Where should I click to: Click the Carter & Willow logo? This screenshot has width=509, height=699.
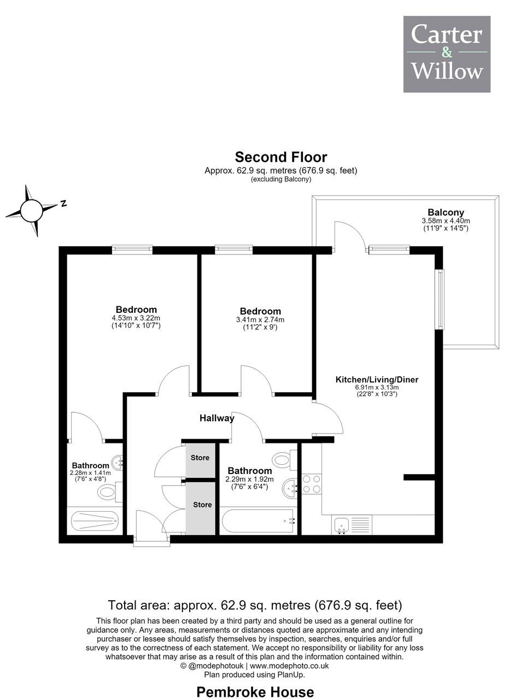447,54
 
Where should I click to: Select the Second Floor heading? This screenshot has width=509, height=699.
281,157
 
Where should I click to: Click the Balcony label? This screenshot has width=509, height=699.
446,212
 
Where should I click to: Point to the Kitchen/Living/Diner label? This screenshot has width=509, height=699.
377,380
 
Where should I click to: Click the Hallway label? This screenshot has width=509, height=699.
217,418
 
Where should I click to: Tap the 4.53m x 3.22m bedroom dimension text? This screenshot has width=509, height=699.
136,318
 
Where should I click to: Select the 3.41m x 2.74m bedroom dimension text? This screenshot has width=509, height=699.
260,319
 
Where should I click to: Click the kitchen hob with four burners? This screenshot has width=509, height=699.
312,484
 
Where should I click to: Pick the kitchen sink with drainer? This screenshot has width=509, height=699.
352,525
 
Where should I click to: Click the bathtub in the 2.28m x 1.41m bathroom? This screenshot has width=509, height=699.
95,521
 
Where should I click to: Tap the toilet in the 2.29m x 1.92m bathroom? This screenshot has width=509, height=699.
284,460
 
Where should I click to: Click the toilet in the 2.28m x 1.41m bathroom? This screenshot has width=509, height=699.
110,492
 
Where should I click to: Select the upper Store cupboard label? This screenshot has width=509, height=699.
200,458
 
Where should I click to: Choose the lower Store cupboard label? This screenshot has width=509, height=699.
202,505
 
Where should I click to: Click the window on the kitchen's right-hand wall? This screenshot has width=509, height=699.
440,299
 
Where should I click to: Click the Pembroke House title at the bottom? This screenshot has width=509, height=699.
255,691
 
